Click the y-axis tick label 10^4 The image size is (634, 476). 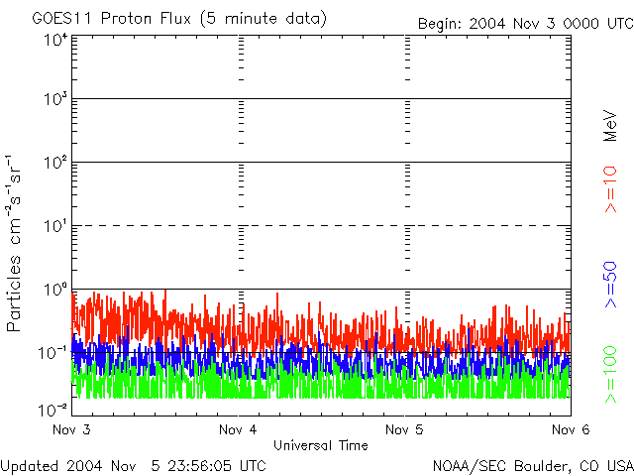54,41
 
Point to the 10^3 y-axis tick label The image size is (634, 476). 54,100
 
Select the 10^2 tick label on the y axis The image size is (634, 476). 54,163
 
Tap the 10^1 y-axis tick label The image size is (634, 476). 54,227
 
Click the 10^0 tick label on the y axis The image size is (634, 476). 54,290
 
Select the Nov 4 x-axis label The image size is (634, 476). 239,430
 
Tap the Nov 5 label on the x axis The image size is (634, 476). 404,430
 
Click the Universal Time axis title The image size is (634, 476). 321,445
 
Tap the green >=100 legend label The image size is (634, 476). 611,374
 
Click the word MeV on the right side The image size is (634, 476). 611,127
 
